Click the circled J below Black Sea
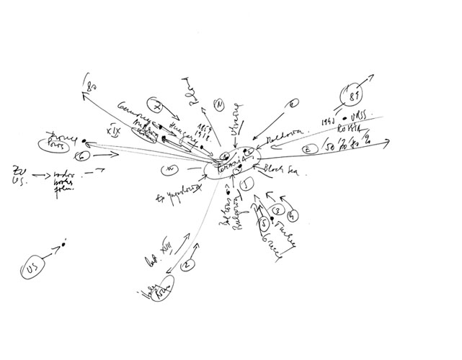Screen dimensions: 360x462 pyautogui.click(x=246, y=184)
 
